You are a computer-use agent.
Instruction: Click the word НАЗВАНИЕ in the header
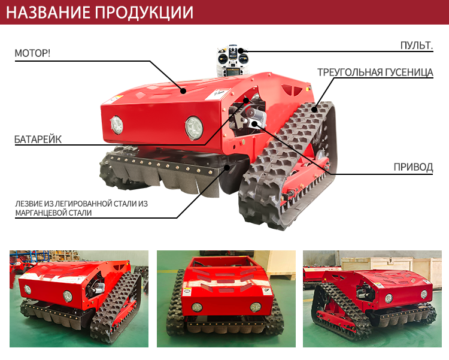point(48,13)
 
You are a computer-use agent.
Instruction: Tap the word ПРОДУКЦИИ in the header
point(144,13)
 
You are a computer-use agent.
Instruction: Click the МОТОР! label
point(32,53)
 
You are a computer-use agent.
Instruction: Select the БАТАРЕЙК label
point(38,140)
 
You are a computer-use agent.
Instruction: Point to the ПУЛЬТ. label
point(417,46)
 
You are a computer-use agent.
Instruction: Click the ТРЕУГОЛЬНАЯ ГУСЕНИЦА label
point(375,72)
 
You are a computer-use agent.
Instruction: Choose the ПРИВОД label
point(413,167)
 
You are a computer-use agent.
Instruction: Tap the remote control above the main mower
point(233,60)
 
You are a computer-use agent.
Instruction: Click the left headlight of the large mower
point(117,125)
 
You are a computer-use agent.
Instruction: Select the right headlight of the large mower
point(194,128)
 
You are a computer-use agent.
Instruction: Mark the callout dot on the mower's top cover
point(183,91)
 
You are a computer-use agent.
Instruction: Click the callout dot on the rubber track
point(314,109)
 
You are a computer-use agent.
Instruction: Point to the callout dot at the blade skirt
point(227,167)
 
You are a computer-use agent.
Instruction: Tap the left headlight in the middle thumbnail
point(197,307)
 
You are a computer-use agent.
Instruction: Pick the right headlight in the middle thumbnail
point(256,307)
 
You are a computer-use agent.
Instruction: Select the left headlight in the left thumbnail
point(28,289)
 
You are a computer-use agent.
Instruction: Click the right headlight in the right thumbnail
point(424,294)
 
